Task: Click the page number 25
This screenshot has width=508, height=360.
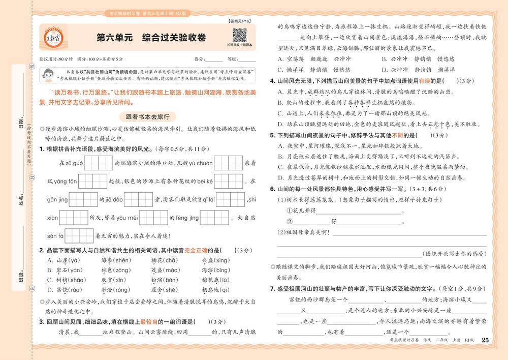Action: [x=485, y=340]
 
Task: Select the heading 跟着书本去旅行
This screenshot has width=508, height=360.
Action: [x=147, y=116]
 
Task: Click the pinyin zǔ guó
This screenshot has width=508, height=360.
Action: [x=71, y=163]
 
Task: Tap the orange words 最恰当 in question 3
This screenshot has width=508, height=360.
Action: [x=149, y=321]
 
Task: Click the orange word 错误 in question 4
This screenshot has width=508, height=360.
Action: [x=416, y=80]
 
